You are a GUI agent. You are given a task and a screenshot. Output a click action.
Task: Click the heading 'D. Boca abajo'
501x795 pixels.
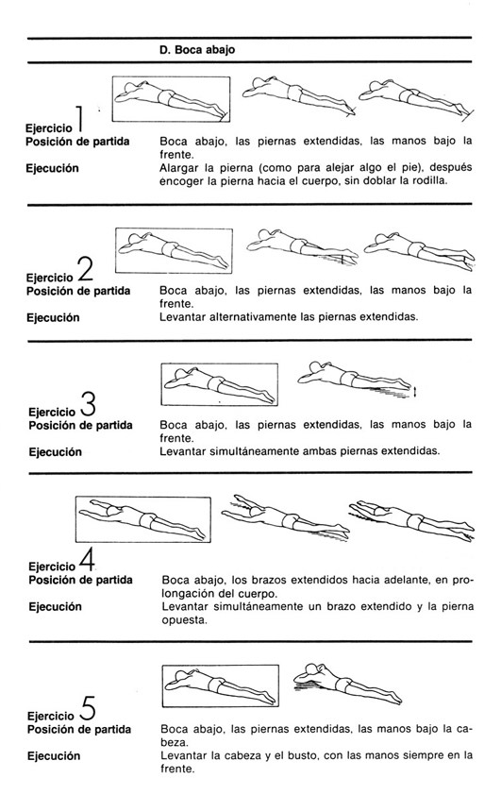coord(197,50)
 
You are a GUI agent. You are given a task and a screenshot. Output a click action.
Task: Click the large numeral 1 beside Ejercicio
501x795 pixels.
coord(80,120)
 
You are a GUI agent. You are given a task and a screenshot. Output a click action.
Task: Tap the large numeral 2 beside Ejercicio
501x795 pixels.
coord(86,269)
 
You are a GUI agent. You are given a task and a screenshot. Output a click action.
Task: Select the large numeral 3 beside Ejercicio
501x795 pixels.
coord(88,403)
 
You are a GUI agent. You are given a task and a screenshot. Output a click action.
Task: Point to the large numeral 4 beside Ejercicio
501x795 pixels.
coord(88,559)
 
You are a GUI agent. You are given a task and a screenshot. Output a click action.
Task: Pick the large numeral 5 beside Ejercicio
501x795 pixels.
coord(88,708)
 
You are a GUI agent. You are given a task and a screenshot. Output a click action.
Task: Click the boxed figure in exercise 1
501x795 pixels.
coord(171,99)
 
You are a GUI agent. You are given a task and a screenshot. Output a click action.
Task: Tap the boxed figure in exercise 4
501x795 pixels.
coord(142,519)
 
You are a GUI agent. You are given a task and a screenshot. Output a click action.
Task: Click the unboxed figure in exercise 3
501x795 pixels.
coord(355,379)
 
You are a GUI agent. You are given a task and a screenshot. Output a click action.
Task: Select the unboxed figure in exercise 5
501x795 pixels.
coord(347,684)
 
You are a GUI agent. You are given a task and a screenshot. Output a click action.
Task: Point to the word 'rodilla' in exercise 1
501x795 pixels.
coord(430,180)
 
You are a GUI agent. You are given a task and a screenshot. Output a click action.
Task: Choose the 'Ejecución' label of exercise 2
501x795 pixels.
coord(53,318)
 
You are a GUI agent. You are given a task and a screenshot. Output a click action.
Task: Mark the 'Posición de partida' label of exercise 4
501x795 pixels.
coord(80,580)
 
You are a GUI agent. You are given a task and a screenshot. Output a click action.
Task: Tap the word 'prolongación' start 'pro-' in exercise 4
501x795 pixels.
coord(462,580)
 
